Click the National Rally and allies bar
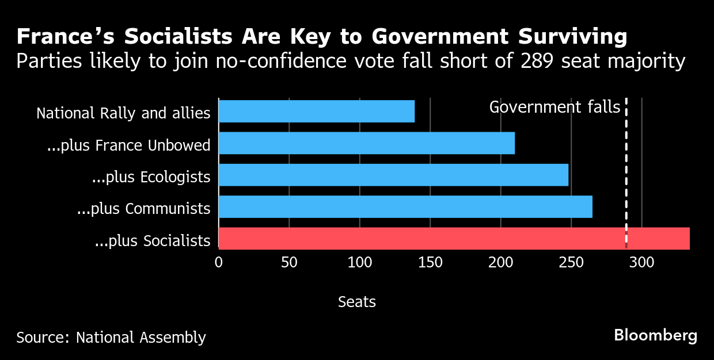(316, 111)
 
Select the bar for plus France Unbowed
(366, 143)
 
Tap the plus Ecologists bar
(393, 175)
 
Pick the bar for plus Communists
(405, 206)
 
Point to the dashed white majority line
(626, 173)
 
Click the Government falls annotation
(555, 107)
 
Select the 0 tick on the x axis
(219, 262)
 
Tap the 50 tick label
(289, 262)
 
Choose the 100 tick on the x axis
(360, 262)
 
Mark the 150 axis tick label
(430, 262)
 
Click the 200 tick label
(500, 262)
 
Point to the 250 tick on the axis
(571, 262)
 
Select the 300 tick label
(641, 262)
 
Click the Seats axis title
(357, 301)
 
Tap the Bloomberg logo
(655, 335)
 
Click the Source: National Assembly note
(111, 337)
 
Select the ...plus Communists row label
(144, 208)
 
